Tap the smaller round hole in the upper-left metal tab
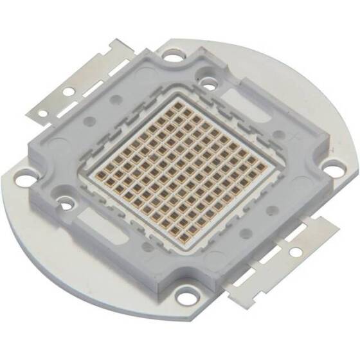(42, 113)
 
